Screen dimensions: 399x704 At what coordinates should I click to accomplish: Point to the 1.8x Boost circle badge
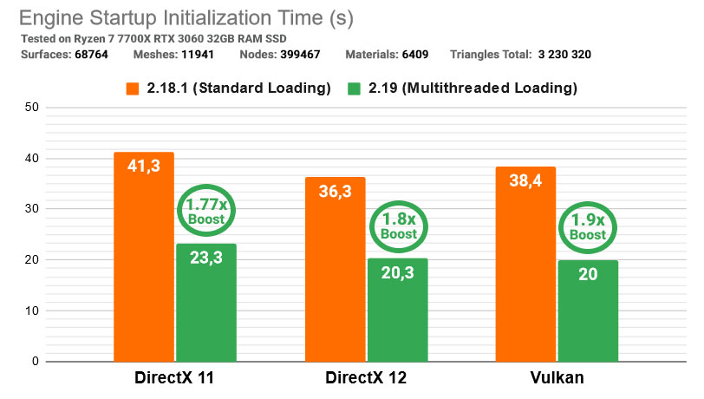tap(397, 226)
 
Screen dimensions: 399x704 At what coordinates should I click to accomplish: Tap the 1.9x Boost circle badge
tap(588, 228)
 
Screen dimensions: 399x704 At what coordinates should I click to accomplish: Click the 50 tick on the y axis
tap(30, 108)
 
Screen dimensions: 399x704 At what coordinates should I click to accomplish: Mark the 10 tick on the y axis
tap(30, 311)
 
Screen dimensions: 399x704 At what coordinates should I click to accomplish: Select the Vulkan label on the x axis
tap(557, 378)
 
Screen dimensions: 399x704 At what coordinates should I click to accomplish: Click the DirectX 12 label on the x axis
tap(366, 378)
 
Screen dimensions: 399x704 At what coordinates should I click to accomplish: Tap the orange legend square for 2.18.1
tap(132, 88)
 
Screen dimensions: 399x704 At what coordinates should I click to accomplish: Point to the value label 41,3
tap(144, 164)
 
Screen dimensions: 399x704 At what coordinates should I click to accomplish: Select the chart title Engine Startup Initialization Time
tap(186, 18)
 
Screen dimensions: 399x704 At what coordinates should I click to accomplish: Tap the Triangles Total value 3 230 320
tap(563, 55)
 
